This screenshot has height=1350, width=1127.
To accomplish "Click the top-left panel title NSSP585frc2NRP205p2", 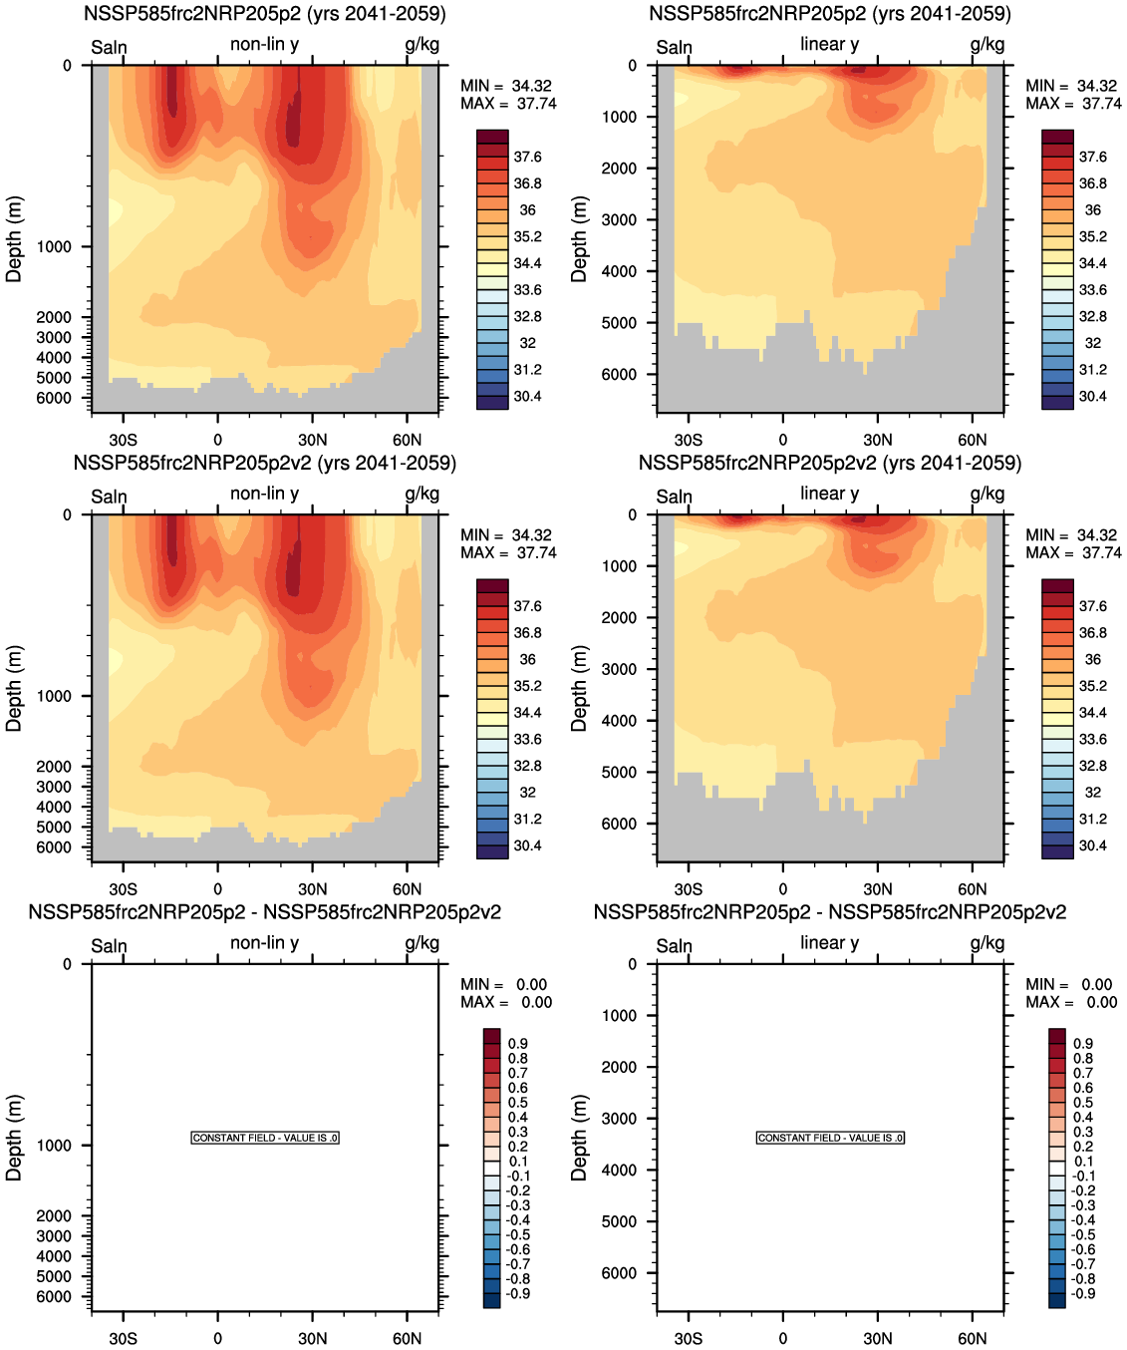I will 264,14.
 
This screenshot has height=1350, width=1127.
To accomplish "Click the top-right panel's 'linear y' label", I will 829,44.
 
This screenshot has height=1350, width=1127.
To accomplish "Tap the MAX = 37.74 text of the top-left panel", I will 508,104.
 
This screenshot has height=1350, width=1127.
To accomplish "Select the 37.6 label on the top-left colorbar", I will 527,157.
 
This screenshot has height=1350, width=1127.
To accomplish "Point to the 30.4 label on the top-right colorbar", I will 1092,396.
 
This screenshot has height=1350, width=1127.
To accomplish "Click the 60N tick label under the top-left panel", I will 407,440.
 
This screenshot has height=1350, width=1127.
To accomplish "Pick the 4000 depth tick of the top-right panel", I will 619,271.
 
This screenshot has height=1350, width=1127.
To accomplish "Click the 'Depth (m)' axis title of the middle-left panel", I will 14,688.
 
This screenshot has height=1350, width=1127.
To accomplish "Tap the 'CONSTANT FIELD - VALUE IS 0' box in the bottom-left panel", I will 265,1138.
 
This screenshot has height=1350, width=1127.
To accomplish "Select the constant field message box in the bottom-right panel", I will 830,1138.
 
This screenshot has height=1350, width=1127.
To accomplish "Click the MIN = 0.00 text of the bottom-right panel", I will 1071,984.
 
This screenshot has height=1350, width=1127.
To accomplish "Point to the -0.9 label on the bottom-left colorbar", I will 518,1293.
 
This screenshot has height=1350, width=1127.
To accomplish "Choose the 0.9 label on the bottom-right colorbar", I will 1083,1043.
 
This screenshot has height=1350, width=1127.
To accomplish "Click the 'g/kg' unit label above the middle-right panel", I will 986,494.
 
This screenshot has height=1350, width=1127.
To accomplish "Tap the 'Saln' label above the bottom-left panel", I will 109,945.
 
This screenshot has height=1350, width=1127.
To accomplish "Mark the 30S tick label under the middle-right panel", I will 688,889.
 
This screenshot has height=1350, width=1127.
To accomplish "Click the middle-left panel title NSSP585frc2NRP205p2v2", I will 264,464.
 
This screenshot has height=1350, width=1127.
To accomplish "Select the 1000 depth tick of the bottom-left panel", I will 54,1146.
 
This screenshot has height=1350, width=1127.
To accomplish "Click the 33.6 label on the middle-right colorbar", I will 1092,739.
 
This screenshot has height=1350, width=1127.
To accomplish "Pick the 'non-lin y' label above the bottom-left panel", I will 264,942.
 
